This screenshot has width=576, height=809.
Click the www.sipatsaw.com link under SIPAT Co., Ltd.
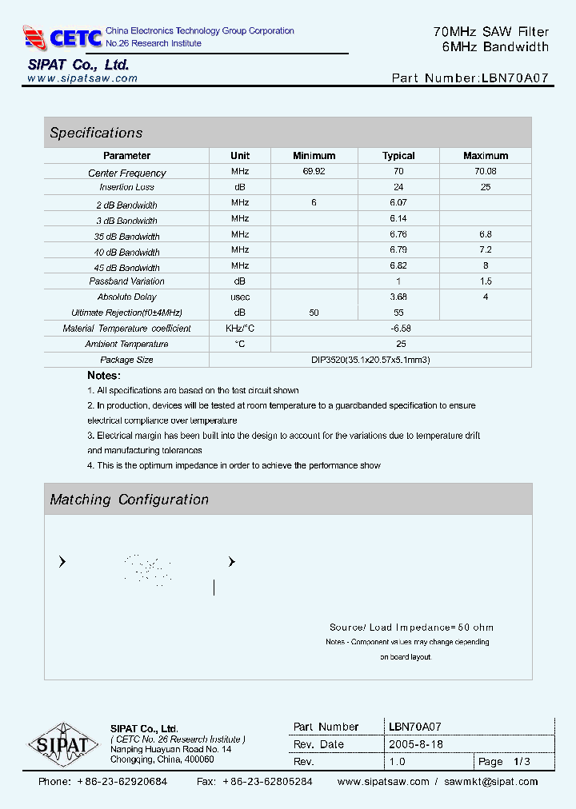82,78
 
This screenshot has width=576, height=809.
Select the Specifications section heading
96,133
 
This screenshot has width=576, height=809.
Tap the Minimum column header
314,156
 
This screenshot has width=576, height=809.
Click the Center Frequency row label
126,173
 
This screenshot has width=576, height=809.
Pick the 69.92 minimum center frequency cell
314,172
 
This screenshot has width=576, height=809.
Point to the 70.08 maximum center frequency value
485,172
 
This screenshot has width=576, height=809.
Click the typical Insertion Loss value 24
398,187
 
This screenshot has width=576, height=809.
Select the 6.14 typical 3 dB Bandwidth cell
398,219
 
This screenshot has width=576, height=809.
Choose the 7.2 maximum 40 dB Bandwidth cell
485,250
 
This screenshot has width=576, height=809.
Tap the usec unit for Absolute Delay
240,297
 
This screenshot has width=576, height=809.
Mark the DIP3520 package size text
370,360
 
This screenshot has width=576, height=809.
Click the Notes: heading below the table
104,376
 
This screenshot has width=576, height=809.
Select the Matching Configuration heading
129,500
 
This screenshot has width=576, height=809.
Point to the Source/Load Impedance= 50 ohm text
411,628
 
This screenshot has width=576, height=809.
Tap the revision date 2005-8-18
416,744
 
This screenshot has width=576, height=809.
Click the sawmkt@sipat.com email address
491,782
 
